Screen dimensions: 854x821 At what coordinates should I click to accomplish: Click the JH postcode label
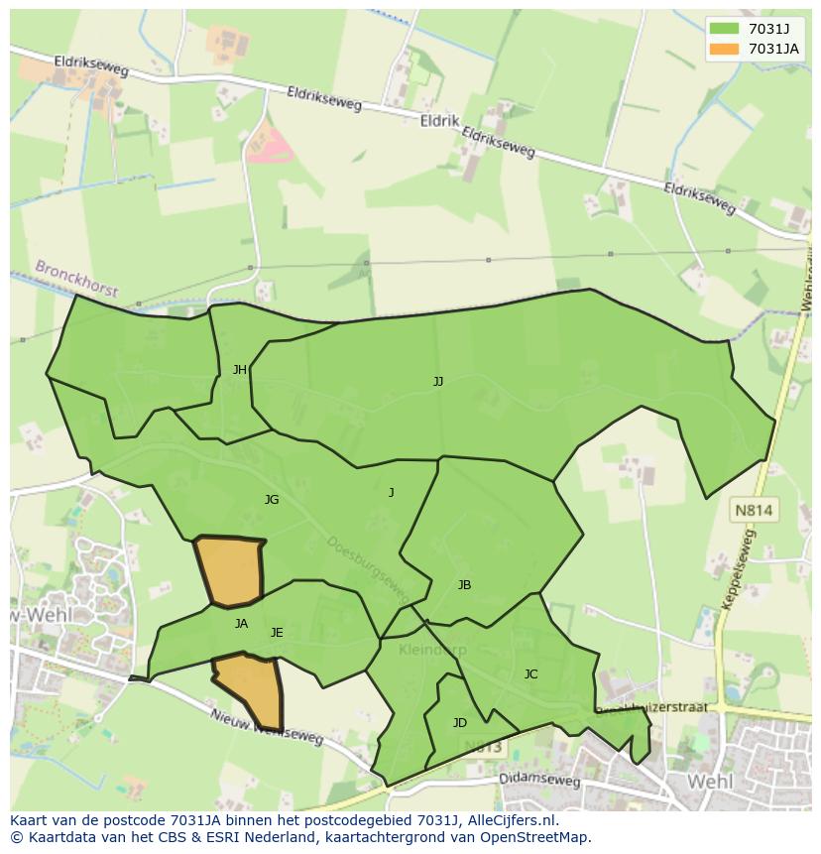(x=240, y=370)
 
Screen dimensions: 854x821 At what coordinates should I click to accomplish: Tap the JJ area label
(x=438, y=381)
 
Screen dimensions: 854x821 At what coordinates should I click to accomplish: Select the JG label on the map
(x=272, y=500)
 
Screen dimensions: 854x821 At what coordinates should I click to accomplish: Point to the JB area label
(x=464, y=585)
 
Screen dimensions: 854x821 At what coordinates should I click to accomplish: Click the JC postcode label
(x=531, y=674)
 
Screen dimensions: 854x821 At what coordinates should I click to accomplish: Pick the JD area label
(x=460, y=723)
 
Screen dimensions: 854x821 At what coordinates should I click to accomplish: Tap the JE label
(x=277, y=633)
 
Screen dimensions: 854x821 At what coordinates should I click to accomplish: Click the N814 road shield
(x=755, y=510)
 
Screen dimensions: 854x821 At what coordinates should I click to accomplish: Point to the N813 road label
(x=483, y=747)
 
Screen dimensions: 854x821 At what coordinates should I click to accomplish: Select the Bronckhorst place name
(x=76, y=279)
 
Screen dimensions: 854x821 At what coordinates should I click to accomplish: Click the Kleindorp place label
(x=432, y=650)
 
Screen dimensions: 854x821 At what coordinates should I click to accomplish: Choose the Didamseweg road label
(x=540, y=781)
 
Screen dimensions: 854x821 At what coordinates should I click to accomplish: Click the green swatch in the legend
(x=725, y=29)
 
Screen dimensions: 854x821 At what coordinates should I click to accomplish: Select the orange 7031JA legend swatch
(x=725, y=49)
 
